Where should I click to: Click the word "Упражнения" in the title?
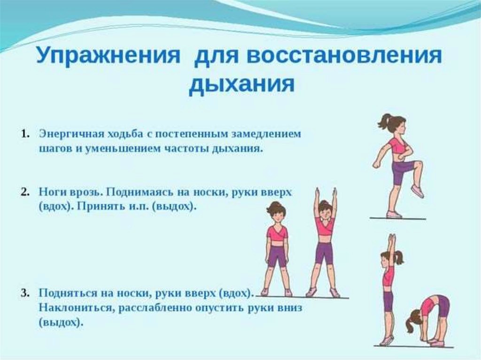[108, 56]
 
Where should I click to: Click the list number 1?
[25, 134]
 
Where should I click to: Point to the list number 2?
[25, 192]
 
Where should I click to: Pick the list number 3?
[25, 293]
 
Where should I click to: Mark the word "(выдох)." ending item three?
[61, 323]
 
